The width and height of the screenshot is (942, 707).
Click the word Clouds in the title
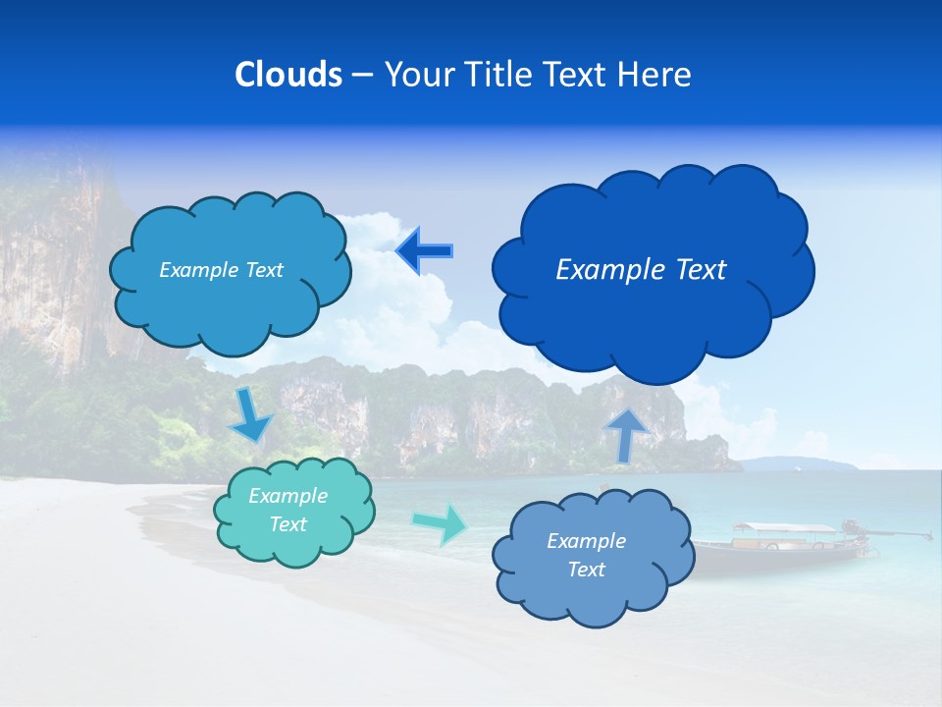(x=288, y=75)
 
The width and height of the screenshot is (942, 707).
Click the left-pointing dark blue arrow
(x=425, y=250)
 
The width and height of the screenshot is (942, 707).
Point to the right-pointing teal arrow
(x=441, y=524)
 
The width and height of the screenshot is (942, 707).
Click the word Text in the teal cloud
(x=288, y=524)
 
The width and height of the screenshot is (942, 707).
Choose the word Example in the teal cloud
(x=288, y=496)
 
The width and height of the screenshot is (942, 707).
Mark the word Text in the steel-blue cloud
(x=587, y=570)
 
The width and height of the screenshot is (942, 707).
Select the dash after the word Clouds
(x=361, y=75)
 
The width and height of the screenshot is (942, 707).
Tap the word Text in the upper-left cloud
(x=263, y=270)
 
